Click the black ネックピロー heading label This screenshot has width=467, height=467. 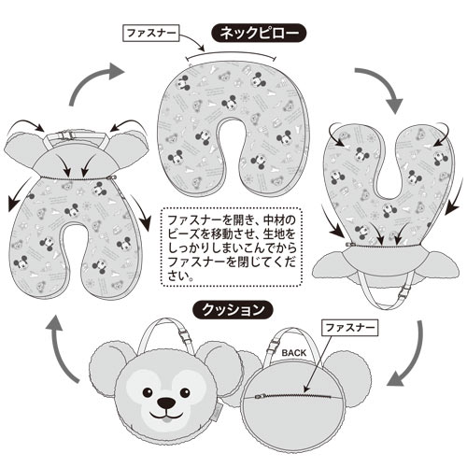click(x=259, y=33)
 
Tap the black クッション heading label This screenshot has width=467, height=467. click(x=233, y=310)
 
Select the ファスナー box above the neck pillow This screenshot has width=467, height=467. click(x=151, y=33)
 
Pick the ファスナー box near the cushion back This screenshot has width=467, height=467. click(x=350, y=328)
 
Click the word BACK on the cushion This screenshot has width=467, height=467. click(x=294, y=353)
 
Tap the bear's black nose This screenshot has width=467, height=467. click(x=166, y=403)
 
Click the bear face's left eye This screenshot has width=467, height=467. click(x=147, y=393)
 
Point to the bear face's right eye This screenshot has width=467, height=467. click(x=185, y=393)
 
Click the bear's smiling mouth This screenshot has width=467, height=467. click(x=165, y=416)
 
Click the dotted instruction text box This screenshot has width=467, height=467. click(x=232, y=247)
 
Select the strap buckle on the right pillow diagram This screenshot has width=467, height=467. click(x=404, y=292)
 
